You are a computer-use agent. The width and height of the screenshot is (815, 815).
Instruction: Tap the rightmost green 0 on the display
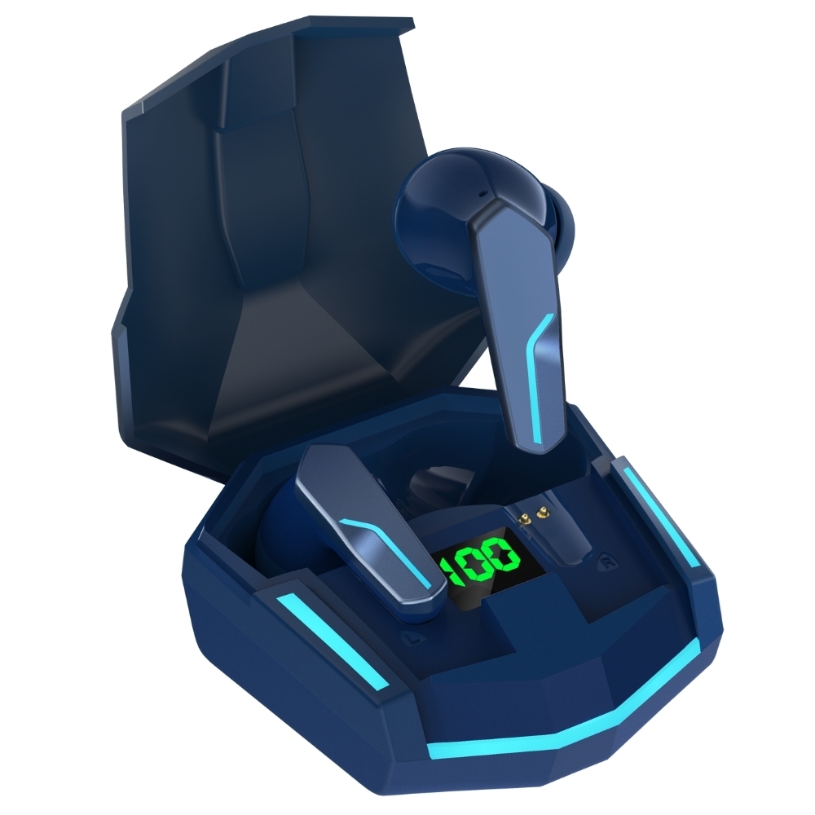504,556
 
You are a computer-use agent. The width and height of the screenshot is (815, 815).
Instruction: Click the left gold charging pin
526,518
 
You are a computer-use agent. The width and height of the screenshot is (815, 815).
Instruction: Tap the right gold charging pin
543,514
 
